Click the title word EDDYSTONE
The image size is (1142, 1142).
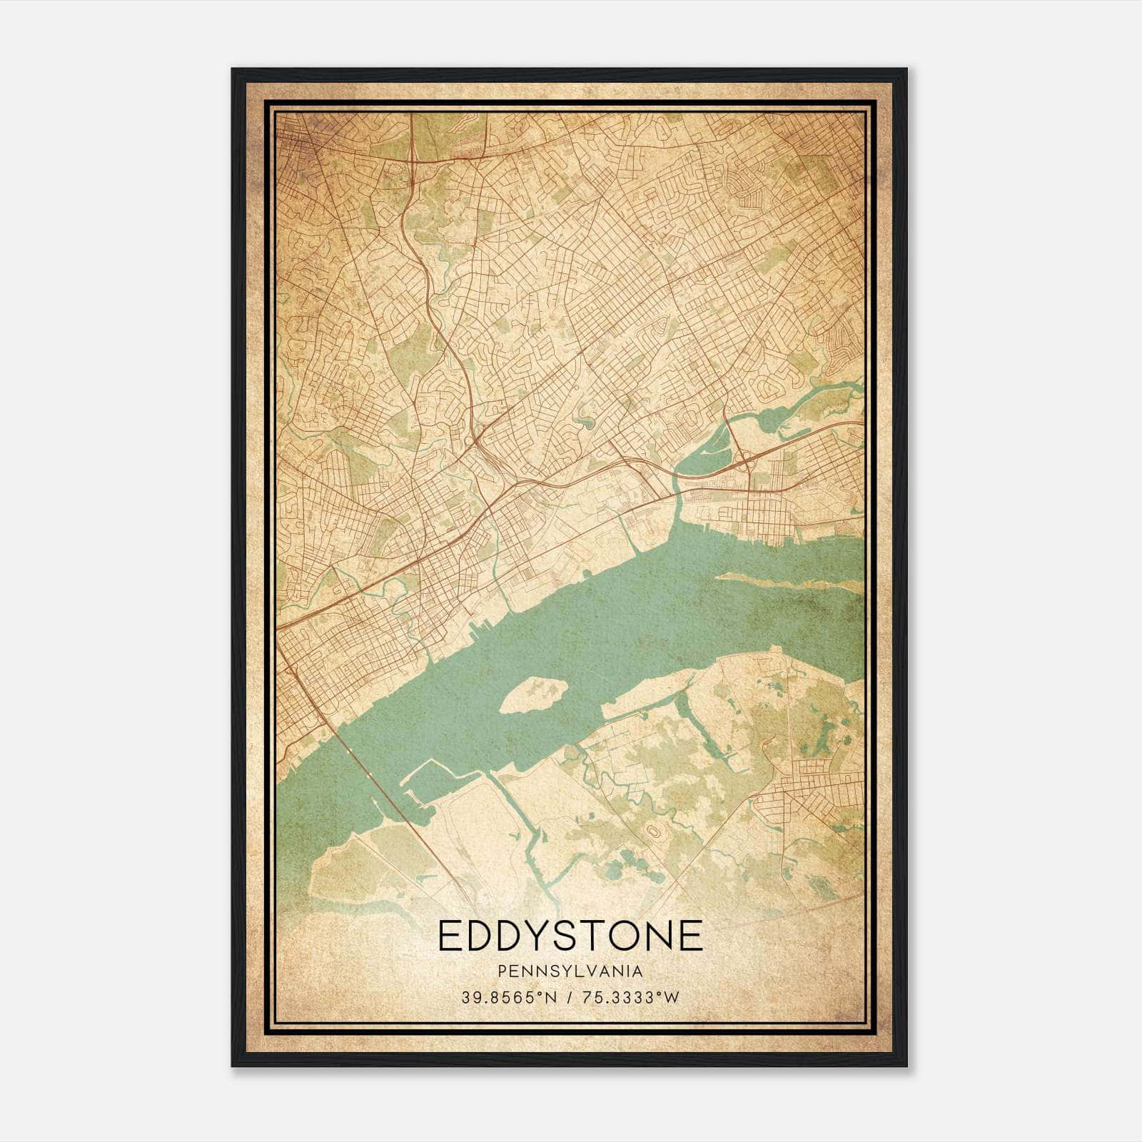570,936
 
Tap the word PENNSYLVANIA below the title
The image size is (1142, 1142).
570,971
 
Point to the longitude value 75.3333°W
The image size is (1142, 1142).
629,998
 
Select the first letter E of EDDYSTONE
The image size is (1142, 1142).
450,936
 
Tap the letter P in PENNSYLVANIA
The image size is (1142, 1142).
502,971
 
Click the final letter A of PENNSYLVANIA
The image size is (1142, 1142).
637,971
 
